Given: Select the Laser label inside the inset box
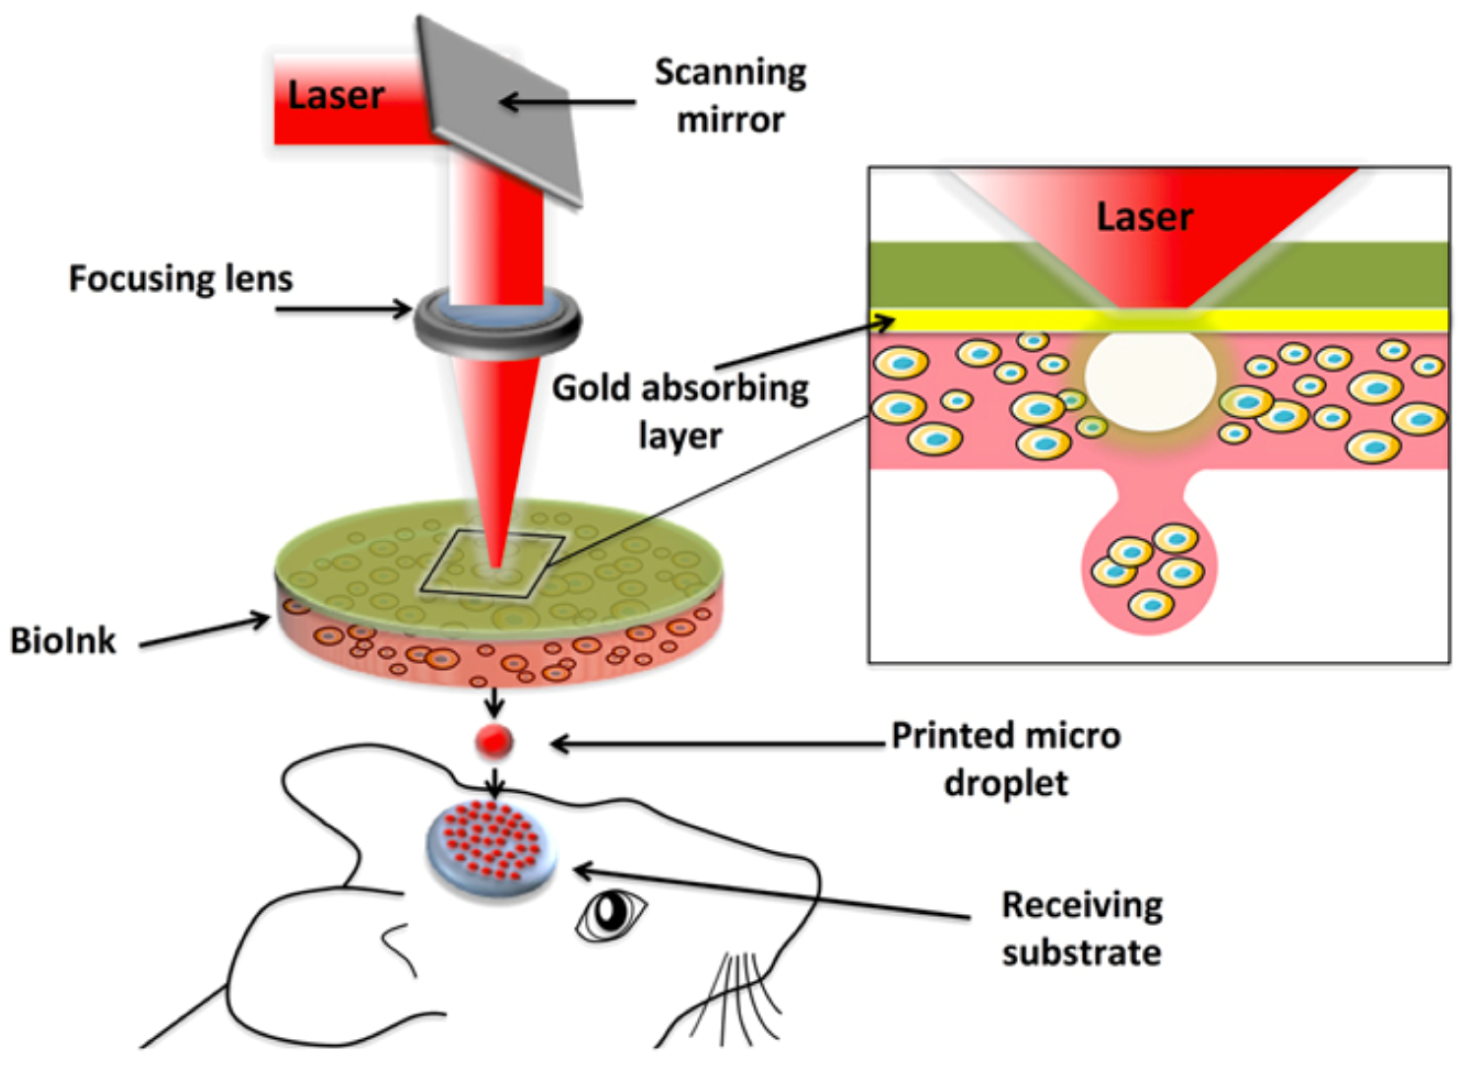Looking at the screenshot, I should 1143,217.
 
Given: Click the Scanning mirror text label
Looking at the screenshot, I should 730,96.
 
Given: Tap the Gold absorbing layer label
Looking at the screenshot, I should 679,411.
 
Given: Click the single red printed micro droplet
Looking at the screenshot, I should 494,741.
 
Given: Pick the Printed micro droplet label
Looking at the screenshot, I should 1005,759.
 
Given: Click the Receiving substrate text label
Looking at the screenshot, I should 1081,929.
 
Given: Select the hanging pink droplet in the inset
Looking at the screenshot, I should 1150,569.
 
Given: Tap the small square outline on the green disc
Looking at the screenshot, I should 491,563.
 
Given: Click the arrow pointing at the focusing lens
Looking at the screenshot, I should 343,309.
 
